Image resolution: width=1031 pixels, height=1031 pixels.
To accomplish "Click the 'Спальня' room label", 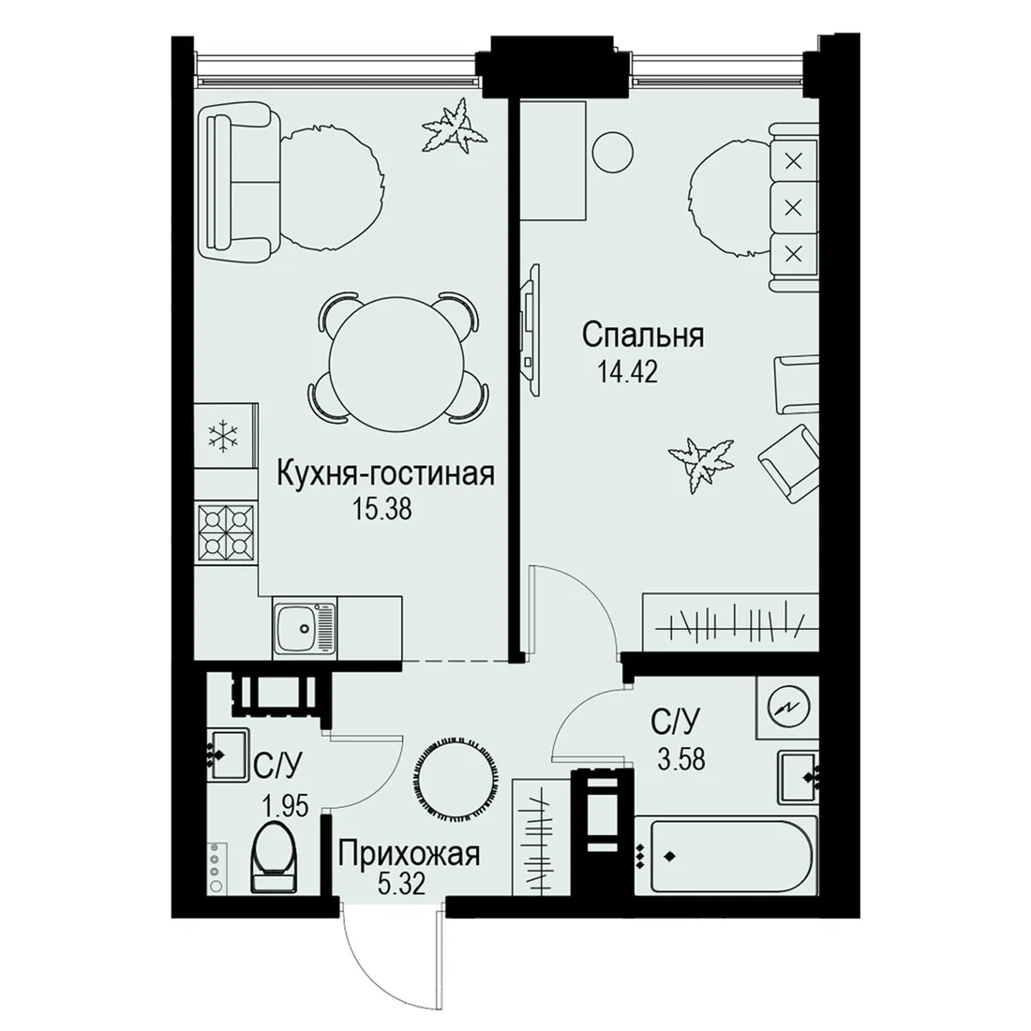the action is coord(642,336).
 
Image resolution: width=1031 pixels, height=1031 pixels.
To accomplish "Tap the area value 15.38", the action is coord(382,509).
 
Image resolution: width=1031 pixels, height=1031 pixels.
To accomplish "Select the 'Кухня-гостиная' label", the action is coord(385,474).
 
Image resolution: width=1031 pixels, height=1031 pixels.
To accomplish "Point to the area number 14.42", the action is coord(628,372).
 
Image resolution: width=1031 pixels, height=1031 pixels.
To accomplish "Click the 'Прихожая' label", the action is coord(409,855).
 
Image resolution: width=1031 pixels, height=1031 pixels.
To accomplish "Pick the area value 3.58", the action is coord(681,759).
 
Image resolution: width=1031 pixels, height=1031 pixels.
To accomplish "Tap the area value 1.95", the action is coord(285,805).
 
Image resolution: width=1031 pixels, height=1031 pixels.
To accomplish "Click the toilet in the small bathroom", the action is coord(275,859).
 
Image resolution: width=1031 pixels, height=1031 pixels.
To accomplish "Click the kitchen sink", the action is coord(305,627).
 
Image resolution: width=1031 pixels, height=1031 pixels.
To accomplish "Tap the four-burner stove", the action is coord(226,531).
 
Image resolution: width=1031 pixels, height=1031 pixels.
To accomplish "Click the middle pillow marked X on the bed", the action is coord(794,208).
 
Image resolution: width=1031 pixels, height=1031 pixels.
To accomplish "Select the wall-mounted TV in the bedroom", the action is coord(530,328).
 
